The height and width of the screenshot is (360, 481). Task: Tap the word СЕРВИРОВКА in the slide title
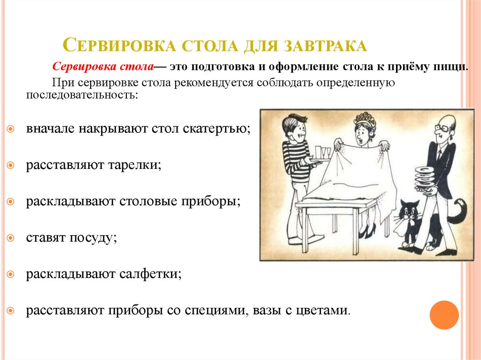tap(119, 46)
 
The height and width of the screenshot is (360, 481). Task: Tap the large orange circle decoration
tap(444, 315)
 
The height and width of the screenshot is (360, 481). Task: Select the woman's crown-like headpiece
tap(364, 117)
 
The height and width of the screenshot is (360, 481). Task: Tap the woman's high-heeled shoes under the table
tap(367, 232)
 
